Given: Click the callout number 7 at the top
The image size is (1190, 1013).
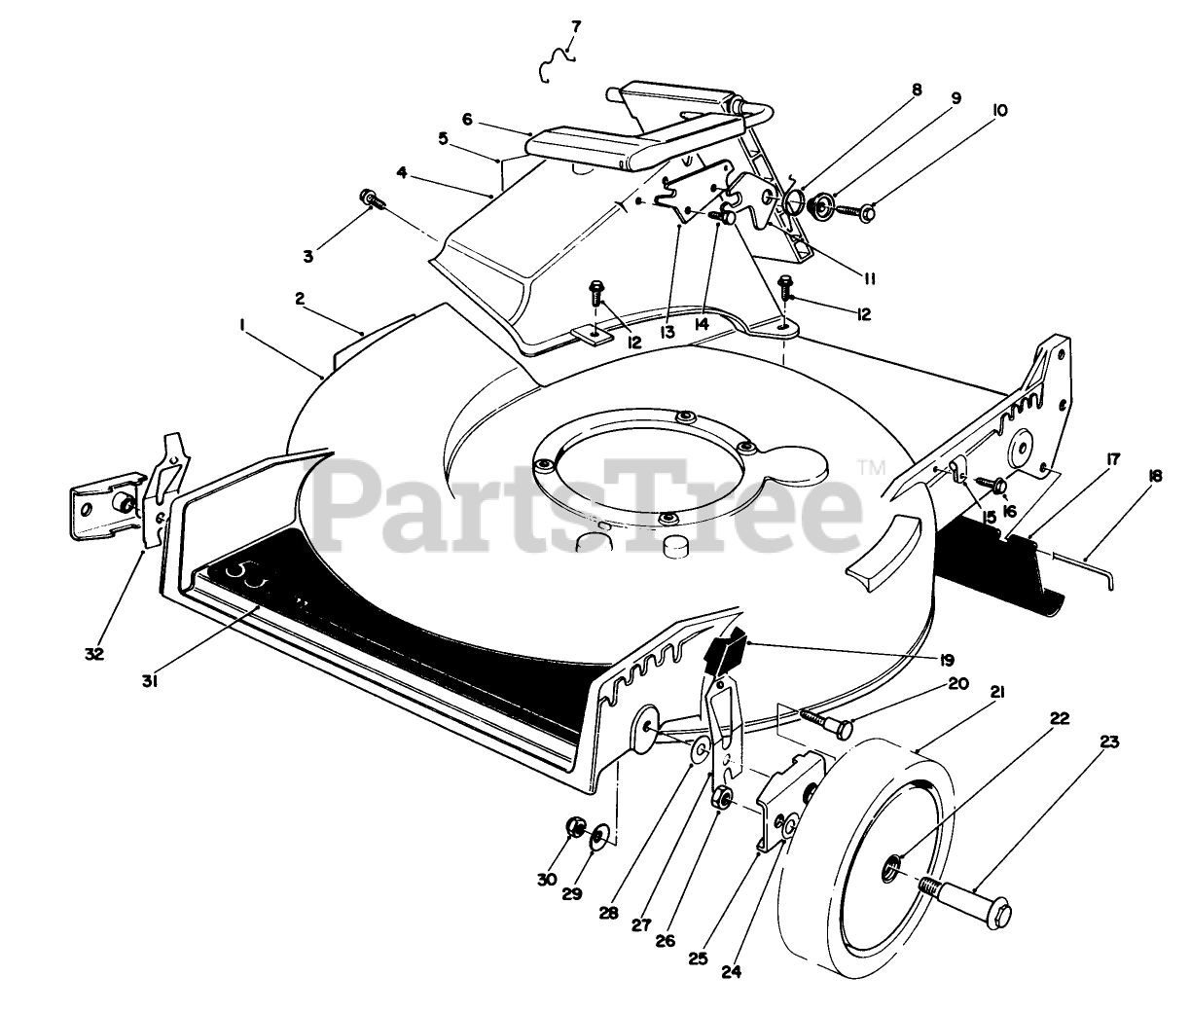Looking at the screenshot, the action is (576, 25).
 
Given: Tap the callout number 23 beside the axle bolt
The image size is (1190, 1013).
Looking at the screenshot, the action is (1109, 742).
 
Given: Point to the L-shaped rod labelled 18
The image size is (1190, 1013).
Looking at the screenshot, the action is (1080, 569).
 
